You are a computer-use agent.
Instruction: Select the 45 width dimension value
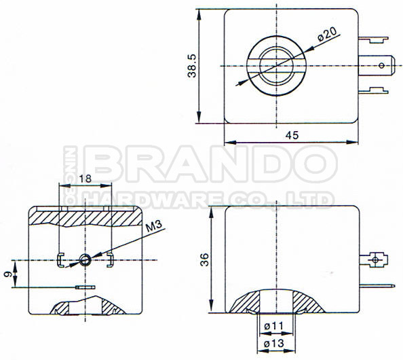[292, 135]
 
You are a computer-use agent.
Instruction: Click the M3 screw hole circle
[85, 258]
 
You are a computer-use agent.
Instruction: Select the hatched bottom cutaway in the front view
[85, 307]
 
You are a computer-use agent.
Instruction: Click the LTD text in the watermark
[315, 199]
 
